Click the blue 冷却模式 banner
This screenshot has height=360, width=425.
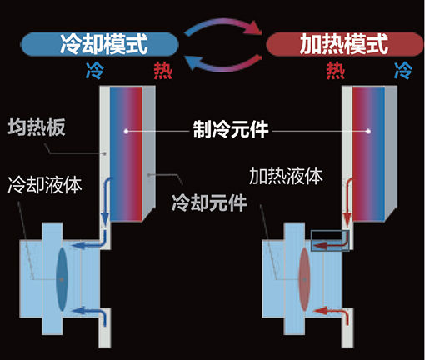tap(100, 44)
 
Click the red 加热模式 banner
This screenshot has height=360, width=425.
tap(345, 44)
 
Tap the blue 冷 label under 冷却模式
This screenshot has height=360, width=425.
tap(95, 71)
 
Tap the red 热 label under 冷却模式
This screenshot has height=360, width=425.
tap(163, 71)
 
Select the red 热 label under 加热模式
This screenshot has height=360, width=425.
tap(336, 71)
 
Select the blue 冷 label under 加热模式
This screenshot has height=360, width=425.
tap(403, 71)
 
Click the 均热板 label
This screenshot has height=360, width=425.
tap(37, 127)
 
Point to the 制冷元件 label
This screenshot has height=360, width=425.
tap(231, 129)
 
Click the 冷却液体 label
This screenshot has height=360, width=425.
tap(45, 185)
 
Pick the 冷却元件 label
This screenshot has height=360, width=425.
tap(209, 202)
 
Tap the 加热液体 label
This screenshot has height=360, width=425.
tap(286, 176)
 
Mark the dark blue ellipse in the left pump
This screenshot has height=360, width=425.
tap(62, 279)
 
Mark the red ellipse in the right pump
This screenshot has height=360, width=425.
tap(304, 279)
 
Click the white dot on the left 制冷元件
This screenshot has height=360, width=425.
tap(126, 131)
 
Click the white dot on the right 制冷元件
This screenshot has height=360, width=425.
tap(368, 131)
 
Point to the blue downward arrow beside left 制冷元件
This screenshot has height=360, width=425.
tap(105, 202)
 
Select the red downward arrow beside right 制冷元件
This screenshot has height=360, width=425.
tap(347, 202)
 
